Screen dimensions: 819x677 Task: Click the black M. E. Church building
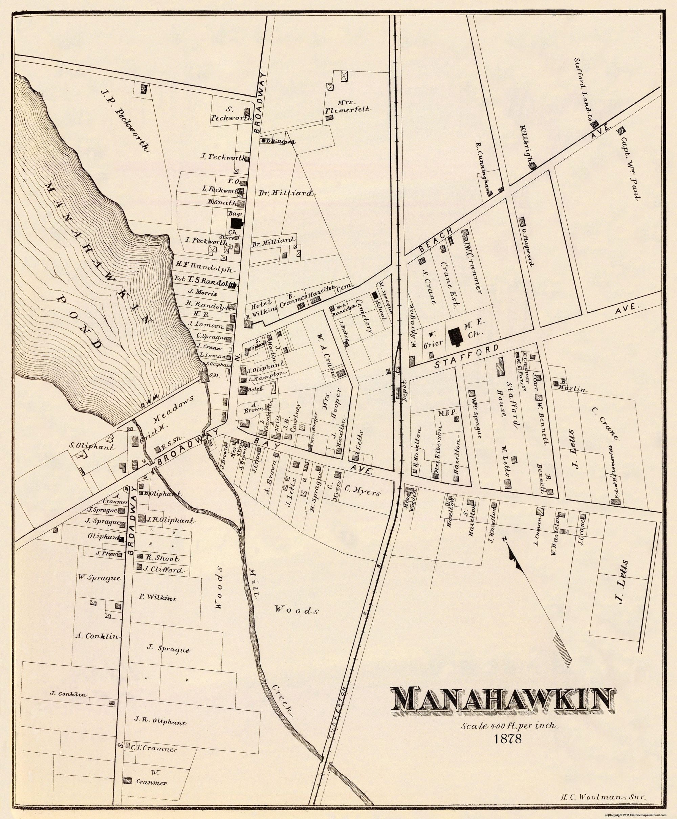pos(454,337)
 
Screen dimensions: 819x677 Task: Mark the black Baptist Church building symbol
pos(236,223)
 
